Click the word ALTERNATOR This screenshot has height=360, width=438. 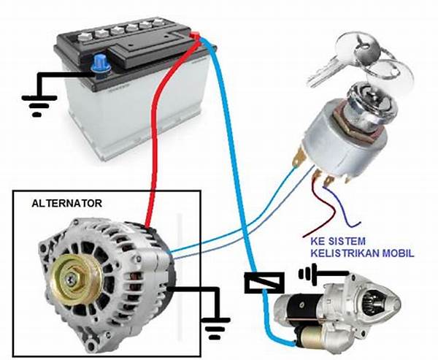click(x=66, y=202)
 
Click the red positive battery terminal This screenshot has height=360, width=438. click(x=195, y=37)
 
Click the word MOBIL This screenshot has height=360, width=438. click(x=398, y=253)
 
